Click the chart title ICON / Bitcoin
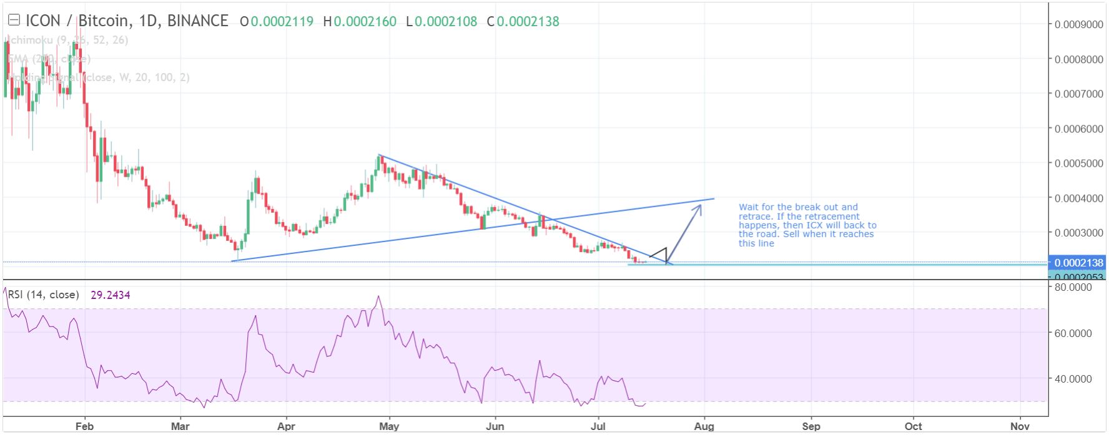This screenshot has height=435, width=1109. coord(78,21)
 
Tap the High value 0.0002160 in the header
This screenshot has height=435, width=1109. coord(365,22)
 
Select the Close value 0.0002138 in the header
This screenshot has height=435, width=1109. coord(528,22)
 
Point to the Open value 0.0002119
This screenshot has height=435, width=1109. coord(282,22)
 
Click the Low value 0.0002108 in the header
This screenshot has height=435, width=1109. coord(446,22)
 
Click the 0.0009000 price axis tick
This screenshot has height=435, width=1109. coord(1078,25)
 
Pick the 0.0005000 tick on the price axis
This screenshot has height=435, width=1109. coord(1078,164)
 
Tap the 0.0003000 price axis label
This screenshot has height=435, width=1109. coord(1078,233)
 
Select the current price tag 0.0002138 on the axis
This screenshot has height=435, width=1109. coord(1078,263)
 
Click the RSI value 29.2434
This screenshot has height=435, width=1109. coord(111,295)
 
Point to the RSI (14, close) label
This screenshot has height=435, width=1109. coord(44,295)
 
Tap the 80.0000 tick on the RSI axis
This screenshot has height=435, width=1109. coord(1073,288)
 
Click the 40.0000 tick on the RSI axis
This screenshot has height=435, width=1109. coord(1073,379)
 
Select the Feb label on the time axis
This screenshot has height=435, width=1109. coord(84,426)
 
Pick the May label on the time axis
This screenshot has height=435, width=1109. coord(388,426)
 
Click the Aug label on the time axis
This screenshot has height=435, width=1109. coord(704,426)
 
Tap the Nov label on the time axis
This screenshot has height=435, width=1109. coord(1020,426)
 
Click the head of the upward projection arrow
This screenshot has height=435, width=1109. coord(700,206)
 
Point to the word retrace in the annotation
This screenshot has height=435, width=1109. coord(755,217)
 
